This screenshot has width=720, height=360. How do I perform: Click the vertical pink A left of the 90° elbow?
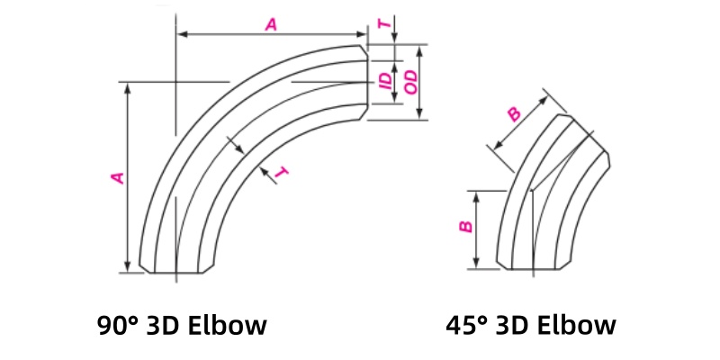tap(116, 178)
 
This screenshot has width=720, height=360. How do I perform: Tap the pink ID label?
tap(386, 82)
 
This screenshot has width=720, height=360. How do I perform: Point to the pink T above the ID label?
tap(385, 25)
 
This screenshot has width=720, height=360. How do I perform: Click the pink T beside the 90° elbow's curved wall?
tap(282, 173)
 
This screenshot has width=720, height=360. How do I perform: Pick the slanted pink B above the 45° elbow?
tap(514, 113)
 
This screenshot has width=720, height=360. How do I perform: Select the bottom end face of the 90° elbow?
tap(177, 272)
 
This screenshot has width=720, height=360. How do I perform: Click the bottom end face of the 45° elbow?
tap(535, 269)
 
